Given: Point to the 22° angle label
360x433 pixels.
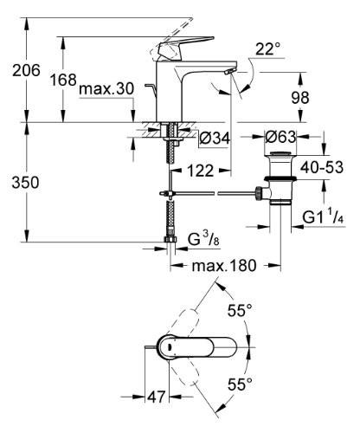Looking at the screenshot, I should (x=270, y=49).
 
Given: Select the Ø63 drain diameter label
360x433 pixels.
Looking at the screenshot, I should (x=283, y=136).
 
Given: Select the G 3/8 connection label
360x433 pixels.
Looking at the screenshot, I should (x=204, y=237).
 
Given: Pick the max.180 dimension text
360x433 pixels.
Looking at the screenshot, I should (x=225, y=265).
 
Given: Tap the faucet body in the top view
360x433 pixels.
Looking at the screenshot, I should (x=195, y=346).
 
